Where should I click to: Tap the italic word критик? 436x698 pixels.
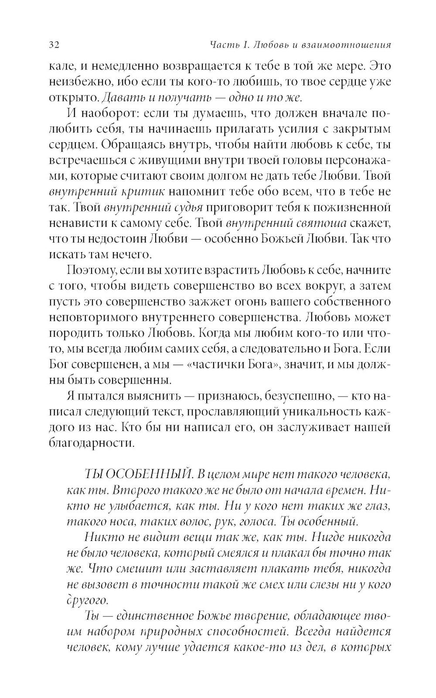142,192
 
